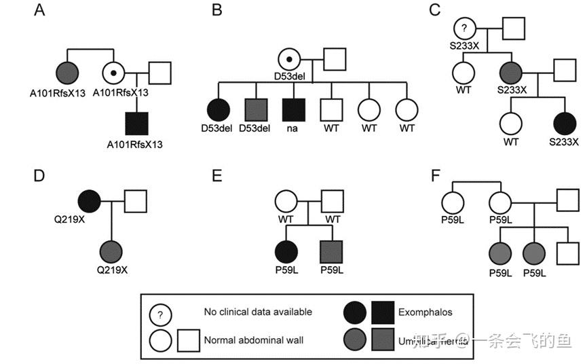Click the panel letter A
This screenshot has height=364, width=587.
(41, 12)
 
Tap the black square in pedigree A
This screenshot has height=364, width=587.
(138, 124)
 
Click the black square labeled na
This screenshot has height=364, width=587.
(293, 109)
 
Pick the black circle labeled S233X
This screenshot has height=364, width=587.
(565, 123)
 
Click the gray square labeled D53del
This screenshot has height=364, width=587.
(254, 109)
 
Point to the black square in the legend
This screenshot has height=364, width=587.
(384, 312)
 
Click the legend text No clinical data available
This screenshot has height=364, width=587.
(258, 312)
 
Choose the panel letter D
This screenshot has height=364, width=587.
(41, 176)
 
